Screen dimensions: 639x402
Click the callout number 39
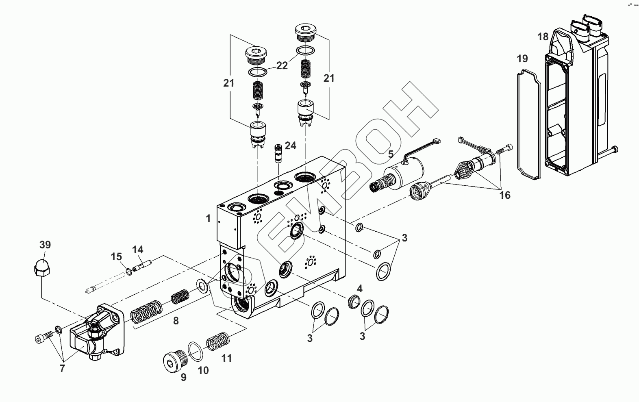(x=45, y=245)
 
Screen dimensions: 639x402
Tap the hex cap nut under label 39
(x=41, y=268)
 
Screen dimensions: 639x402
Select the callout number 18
(x=543, y=37)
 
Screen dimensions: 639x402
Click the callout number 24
(x=290, y=146)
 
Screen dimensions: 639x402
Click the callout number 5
(x=391, y=154)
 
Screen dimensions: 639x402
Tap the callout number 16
(x=504, y=196)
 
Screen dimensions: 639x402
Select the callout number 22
(x=282, y=66)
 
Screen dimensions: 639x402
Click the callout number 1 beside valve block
(x=208, y=219)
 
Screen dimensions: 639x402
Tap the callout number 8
(x=176, y=321)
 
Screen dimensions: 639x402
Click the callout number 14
(x=138, y=250)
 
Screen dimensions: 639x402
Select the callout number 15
(x=116, y=257)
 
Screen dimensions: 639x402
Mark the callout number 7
(x=62, y=369)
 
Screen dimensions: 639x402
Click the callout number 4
(x=359, y=289)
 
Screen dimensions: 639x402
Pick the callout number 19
(x=522, y=59)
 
